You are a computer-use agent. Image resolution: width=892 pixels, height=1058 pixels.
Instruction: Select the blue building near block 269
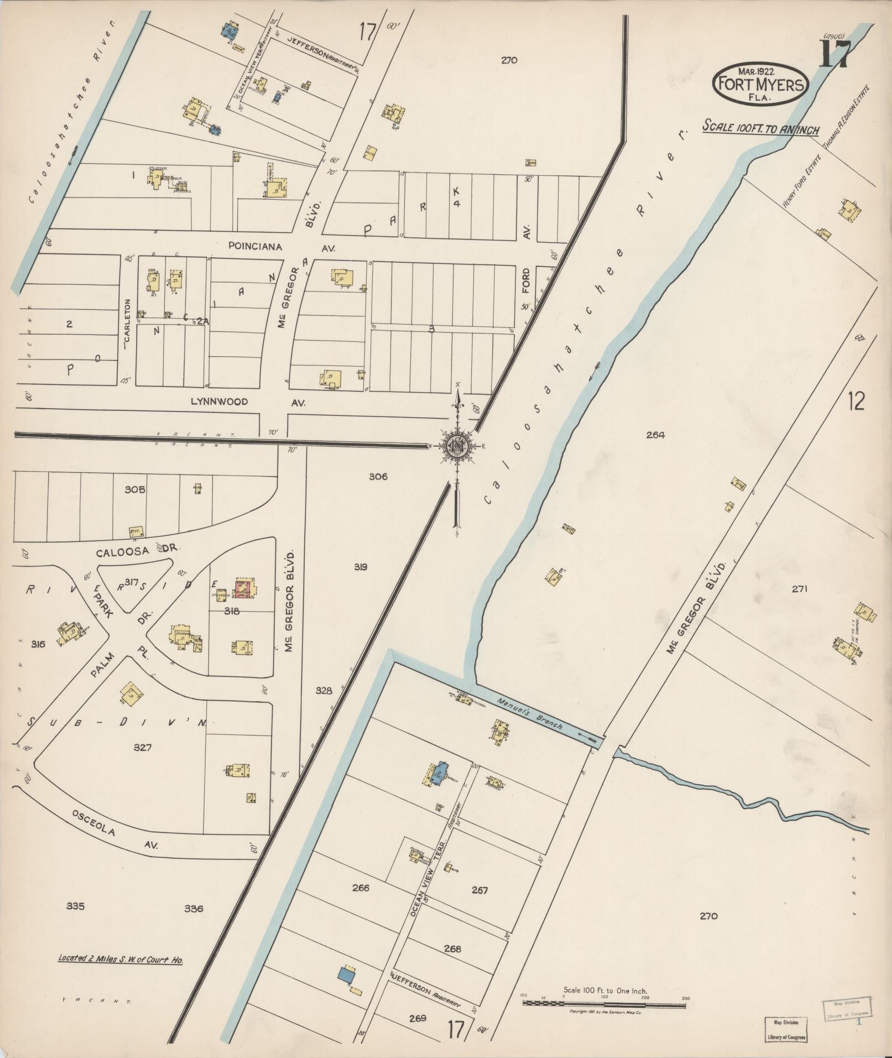pyautogui.click(x=346, y=974)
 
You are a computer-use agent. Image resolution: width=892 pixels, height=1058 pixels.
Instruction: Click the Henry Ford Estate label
pyautogui.click(x=801, y=181)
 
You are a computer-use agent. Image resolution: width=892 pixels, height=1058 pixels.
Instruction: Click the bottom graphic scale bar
pyautogui.click(x=604, y=1003)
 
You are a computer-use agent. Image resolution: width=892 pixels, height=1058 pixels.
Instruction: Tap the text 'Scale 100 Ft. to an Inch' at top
pyautogui.click(x=760, y=128)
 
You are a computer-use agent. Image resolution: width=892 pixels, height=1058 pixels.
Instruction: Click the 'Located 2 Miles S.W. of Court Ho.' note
pyautogui.click(x=121, y=959)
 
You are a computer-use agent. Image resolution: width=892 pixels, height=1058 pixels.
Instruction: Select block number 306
pyautogui.click(x=378, y=476)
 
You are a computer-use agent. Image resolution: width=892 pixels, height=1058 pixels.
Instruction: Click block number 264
pyautogui.click(x=655, y=435)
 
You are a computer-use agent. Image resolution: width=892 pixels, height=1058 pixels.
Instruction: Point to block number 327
pyautogui.click(x=142, y=747)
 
